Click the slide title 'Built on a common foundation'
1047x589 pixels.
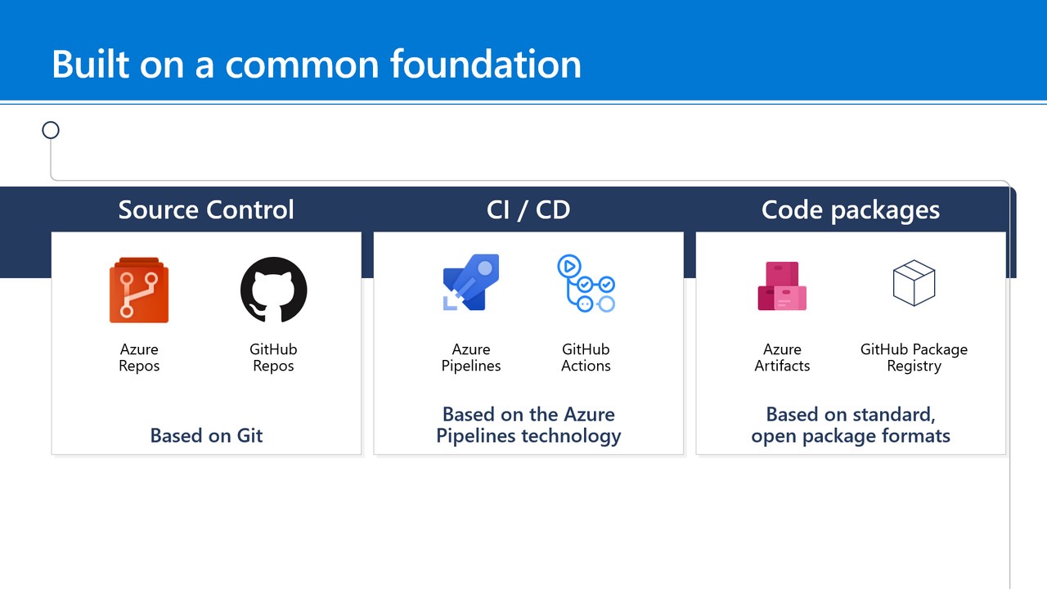(x=316, y=64)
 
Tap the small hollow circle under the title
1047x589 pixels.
(x=51, y=130)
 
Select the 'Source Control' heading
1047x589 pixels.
(x=206, y=209)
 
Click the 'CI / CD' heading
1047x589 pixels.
(x=528, y=209)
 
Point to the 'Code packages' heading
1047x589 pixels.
(x=850, y=209)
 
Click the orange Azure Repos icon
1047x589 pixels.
(x=138, y=290)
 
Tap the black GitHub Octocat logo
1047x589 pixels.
(x=273, y=290)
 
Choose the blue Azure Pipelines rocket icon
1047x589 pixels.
(x=470, y=283)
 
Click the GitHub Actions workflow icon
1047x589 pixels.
(x=586, y=284)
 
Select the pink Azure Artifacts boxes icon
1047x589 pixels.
(x=782, y=286)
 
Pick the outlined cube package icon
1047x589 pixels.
(x=914, y=283)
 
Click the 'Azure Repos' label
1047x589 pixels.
(x=138, y=357)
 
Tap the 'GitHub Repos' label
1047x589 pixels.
(x=273, y=357)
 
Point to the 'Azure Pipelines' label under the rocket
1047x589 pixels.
(x=471, y=357)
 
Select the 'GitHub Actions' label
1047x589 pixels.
(x=586, y=357)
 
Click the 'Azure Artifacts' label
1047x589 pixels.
(x=782, y=357)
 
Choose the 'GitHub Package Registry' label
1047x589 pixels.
(x=914, y=357)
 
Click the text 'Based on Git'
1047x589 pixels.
(x=206, y=435)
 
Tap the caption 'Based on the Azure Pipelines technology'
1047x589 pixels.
(x=528, y=425)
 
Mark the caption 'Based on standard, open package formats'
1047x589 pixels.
(x=851, y=425)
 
